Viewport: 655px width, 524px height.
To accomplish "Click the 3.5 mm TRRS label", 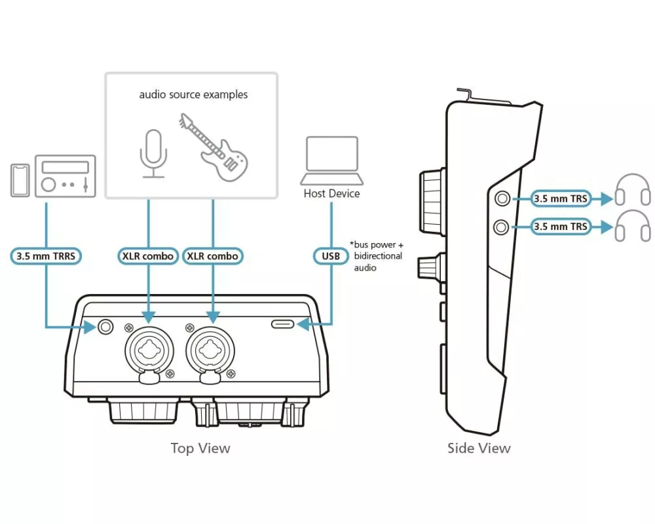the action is pyautogui.click(x=46, y=256).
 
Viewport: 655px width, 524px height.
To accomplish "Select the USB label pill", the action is pyautogui.click(x=331, y=256).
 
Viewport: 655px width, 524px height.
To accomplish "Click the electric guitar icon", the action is pyautogui.click(x=214, y=147).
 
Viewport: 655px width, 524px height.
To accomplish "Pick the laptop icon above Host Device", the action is pyautogui.click(x=331, y=160).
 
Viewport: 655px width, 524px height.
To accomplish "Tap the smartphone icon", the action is pyautogui.click(x=20, y=180).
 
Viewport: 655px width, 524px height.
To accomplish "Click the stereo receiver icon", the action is pyautogui.click(x=65, y=176).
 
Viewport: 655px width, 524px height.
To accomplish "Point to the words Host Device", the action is pyautogui.click(x=331, y=193).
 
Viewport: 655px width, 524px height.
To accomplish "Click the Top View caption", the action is pyautogui.click(x=200, y=448).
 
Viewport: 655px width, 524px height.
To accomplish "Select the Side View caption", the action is pyautogui.click(x=479, y=448).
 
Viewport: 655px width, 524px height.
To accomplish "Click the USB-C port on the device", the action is pyautogui.click(x=283, y=324).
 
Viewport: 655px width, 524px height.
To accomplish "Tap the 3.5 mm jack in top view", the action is pyautogui.click(x=105, y=326).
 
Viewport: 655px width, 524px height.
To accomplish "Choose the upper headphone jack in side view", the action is pyautogui.click(x=502, y=198).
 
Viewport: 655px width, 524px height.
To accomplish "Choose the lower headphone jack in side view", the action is pyautogui.click(x=501, y=227).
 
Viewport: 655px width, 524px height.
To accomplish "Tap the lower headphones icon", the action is pyautogui.click(x=633, y=225).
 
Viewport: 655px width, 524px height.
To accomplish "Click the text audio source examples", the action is pyautogui.click(x=193, y=95).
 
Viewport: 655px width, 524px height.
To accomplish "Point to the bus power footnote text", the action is pyautogui.click(x=377, y=256).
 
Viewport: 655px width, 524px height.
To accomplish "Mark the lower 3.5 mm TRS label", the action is pyautogui.click(x=561, y=227).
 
